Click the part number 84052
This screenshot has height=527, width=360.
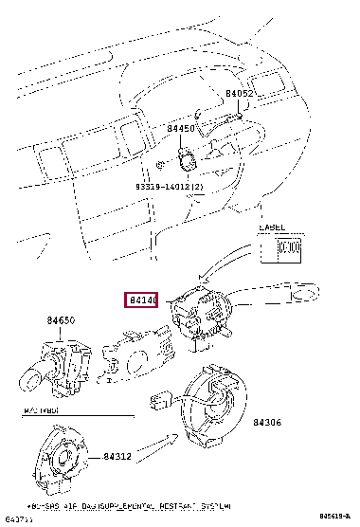pos(238,94)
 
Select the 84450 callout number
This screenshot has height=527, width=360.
pos(181,128)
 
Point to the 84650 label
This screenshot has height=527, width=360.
pos(62,322)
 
